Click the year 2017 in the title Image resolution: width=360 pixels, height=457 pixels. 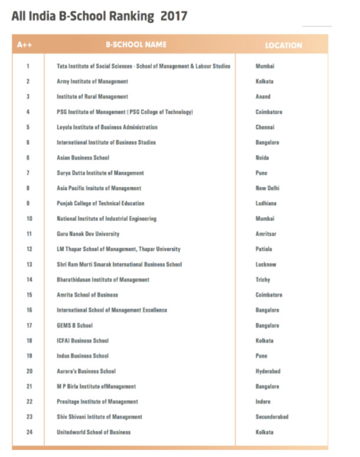174,16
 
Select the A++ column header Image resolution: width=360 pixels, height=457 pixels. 24,45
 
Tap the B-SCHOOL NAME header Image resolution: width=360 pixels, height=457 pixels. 136,45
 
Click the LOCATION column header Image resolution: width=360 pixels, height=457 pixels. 283,45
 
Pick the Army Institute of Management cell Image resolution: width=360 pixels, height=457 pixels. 92,81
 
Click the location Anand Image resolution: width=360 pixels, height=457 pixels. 263,97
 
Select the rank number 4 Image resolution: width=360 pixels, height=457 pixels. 28,112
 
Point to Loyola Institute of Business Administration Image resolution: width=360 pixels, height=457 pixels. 107,127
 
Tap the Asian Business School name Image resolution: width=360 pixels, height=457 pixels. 83,158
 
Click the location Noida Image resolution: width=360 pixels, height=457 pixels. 262,158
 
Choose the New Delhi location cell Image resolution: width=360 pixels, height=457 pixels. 267,188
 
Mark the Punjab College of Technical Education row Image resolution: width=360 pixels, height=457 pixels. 100,203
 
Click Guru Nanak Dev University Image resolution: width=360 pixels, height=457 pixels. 88,234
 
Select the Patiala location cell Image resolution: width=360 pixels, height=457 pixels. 264,249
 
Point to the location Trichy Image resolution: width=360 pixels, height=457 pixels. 263,280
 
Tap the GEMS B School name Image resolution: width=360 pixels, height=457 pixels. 75,325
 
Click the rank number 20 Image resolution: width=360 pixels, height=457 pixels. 29,371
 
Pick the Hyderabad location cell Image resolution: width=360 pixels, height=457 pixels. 268,371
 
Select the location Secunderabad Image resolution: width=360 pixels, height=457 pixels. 272,417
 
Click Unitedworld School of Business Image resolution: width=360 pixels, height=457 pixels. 94,432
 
